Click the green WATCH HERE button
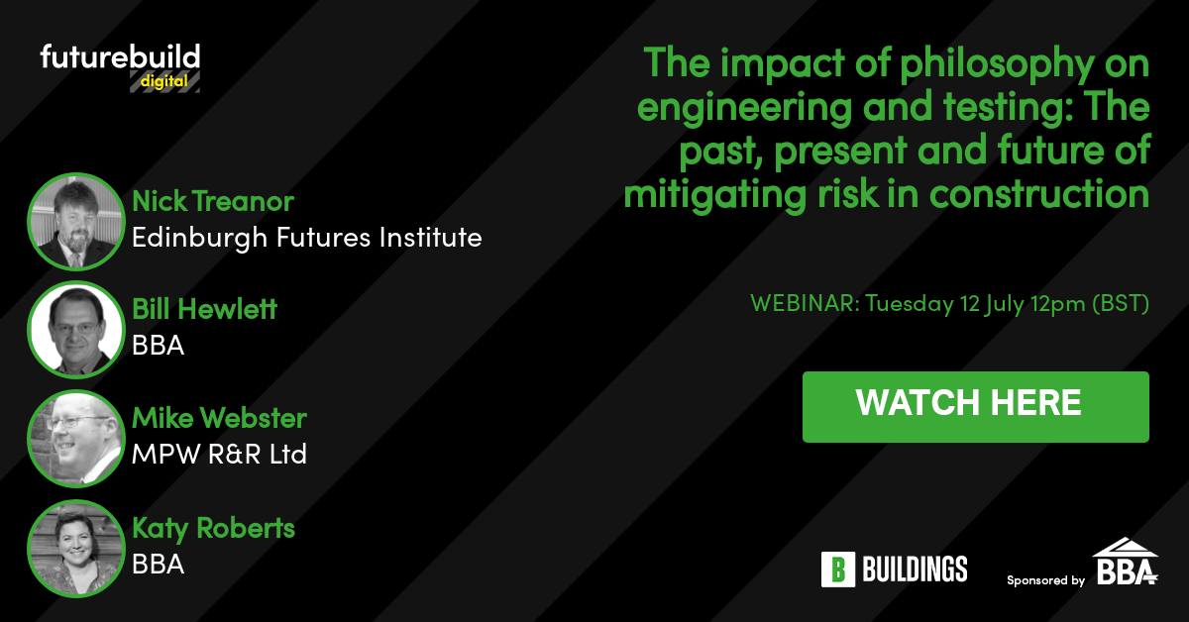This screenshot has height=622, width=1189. tap(976, 406)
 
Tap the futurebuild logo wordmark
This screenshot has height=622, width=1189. tap(120, 56)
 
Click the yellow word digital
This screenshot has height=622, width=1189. tap(164, 82)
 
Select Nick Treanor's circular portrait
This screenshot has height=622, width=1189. tap(76, 221)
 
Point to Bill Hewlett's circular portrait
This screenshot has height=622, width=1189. tap(76, 330)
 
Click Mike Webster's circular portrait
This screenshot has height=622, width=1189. tap(76, 439)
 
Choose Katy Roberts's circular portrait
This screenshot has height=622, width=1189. tap(76, 549)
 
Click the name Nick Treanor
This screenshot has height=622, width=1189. tap(213, 201)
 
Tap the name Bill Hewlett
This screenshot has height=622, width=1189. tap(204, 309)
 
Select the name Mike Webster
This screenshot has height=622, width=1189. tap(219, 418)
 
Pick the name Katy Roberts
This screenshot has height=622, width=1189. tap(213, 529)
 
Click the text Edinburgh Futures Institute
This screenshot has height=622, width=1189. tap(307, 238)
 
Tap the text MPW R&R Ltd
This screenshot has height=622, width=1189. tap(219, 455)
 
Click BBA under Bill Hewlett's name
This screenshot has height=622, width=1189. tap(159, 346)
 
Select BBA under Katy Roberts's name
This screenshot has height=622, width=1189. tap(159, 565)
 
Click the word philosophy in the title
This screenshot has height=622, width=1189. tap(998, 65)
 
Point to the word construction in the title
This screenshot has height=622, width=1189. tap(1039, 194)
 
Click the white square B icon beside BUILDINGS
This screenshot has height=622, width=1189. tap(838, 570)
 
